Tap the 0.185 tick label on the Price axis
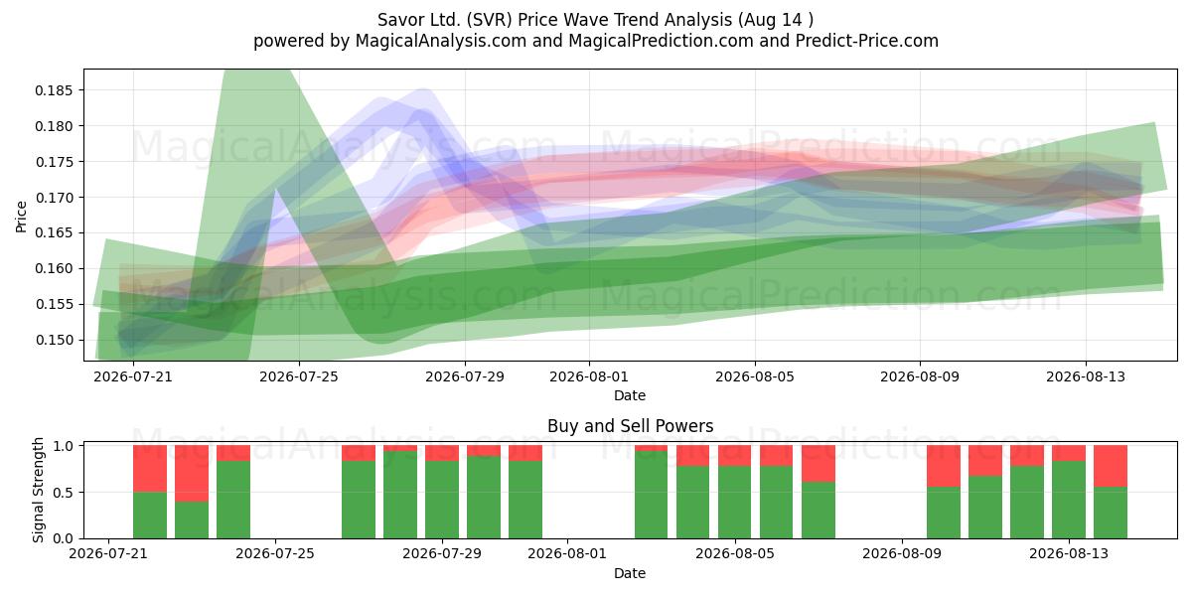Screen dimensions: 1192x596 54,90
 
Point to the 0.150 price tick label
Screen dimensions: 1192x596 54,340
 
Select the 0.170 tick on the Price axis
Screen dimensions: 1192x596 54,198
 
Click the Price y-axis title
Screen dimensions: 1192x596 21,217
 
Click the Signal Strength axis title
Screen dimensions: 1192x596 38,490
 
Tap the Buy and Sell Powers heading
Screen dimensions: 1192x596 630,426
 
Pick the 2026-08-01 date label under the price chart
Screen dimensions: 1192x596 588,376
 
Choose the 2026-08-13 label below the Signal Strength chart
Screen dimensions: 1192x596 1069,554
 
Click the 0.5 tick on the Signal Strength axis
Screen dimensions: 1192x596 64,493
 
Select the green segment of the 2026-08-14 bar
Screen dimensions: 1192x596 1111,513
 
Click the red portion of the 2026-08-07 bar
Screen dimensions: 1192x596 818,464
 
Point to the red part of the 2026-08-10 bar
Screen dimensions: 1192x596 944,466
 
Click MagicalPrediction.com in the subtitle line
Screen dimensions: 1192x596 661,41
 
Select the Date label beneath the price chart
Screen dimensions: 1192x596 630,395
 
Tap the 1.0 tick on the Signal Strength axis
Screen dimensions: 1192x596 64,446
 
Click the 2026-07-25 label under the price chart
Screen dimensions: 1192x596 299,376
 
